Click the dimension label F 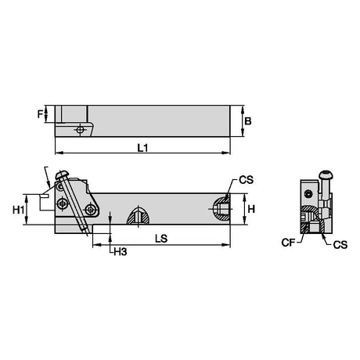click(x=40, y=114)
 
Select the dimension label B click(x=248, y=121)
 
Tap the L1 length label click(x=142, y=148)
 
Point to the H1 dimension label click(x=19, y=210)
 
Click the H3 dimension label click(x=121, y=251)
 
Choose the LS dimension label click(x=161, y=239)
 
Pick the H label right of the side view click(x=251, y=209)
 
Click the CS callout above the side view click(x=247, y=180)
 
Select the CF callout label click(x=288, y=243)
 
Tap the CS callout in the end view click(x=340, y=245)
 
